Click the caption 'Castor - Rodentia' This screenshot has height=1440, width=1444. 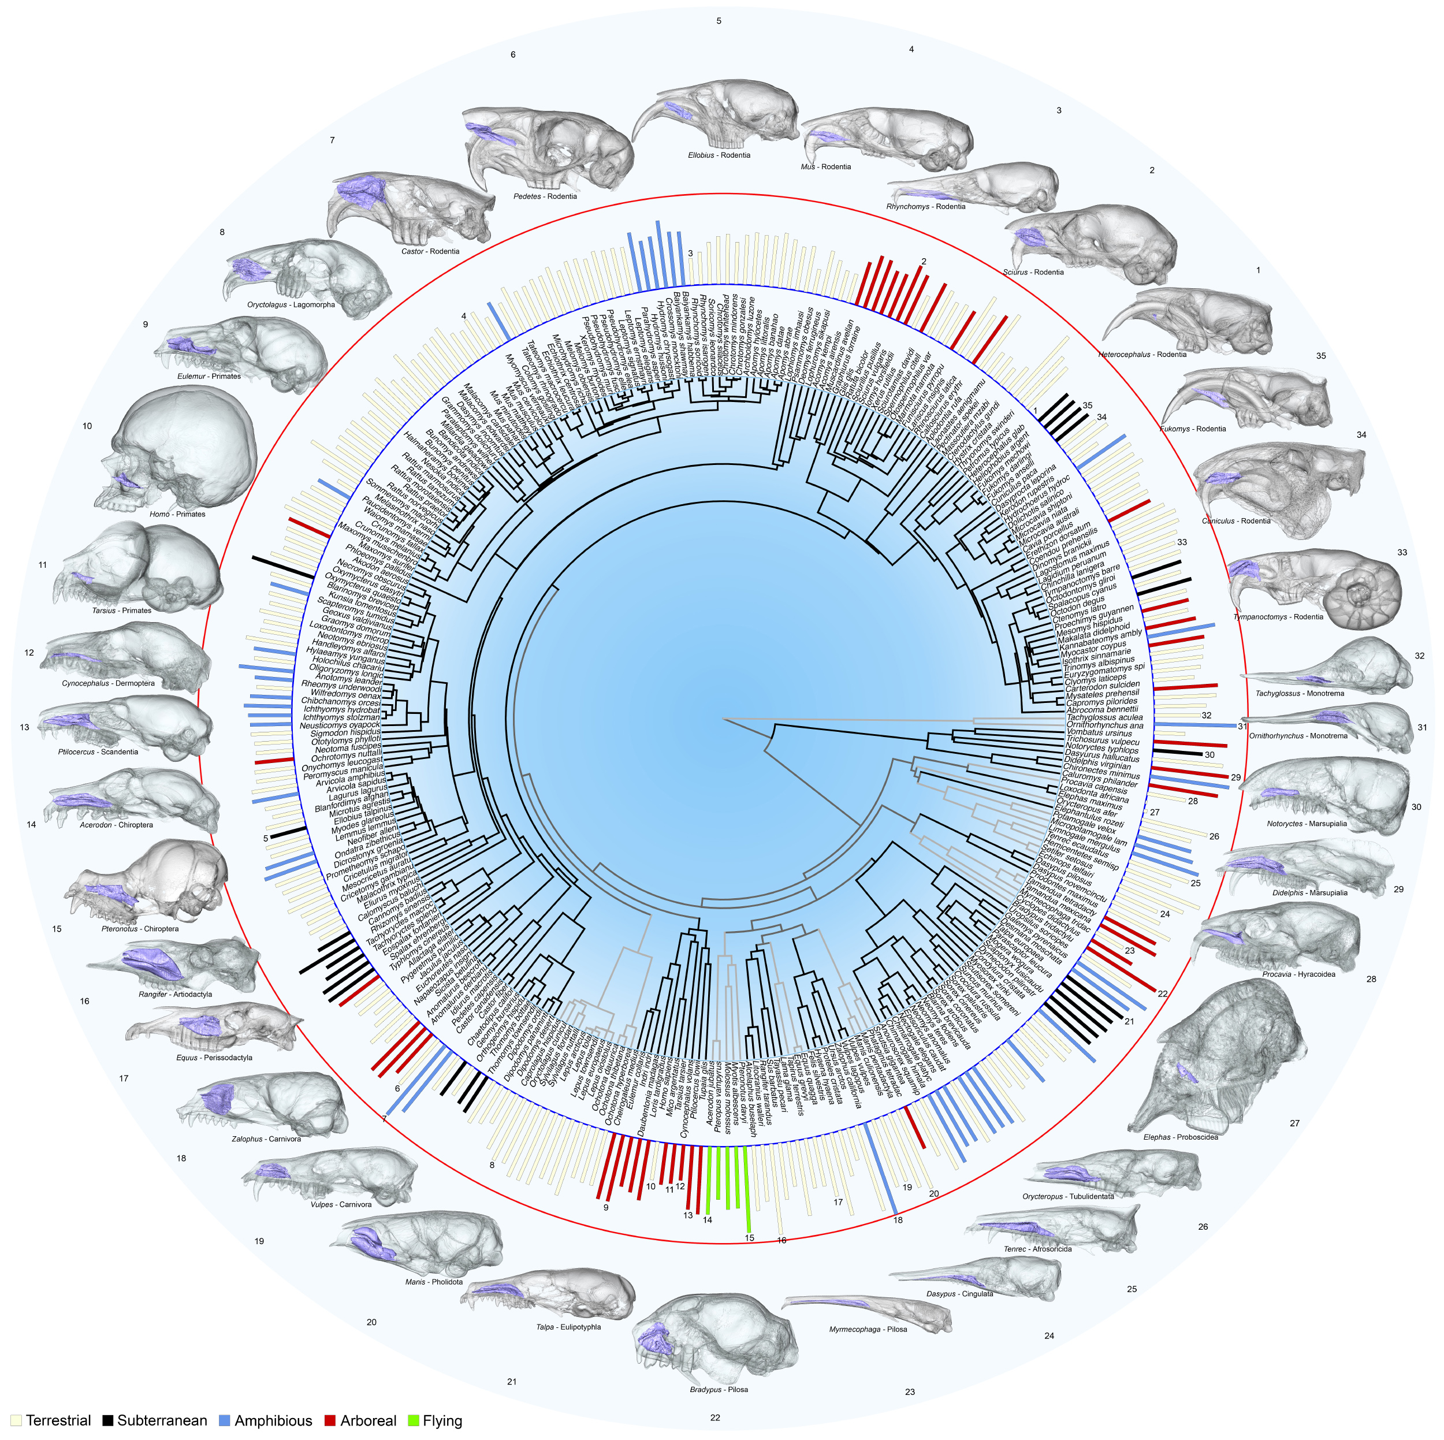pos(430,252)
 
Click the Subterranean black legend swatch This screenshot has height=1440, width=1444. pos(109,1420)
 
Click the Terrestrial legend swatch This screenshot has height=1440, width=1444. pos(16,1420)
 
